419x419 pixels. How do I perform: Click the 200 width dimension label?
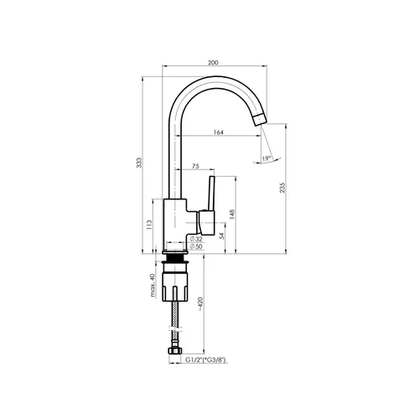pyautogui.click(x=213, y=63)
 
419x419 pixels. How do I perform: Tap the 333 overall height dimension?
pyautogui.click(x=139, y=163)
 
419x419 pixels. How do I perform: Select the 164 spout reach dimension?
pyautogui.click(x=219, y=132)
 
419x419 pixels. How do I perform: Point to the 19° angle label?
pyautogui.click(x=266, y=158)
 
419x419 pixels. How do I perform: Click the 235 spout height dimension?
pyautogui.click(x=282, y=188)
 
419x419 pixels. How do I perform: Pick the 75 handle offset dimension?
pyautogui.click(x=196, y=166)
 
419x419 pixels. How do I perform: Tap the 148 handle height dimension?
pyautogui.click(x=232, y=214)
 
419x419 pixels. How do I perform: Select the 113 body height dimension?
pyautogui.click(x=149, y=225)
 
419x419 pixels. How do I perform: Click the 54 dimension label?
pyautogui.click(x=221, y=235)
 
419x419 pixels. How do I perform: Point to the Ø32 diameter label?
pyautogui.click(x=196, y=239)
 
